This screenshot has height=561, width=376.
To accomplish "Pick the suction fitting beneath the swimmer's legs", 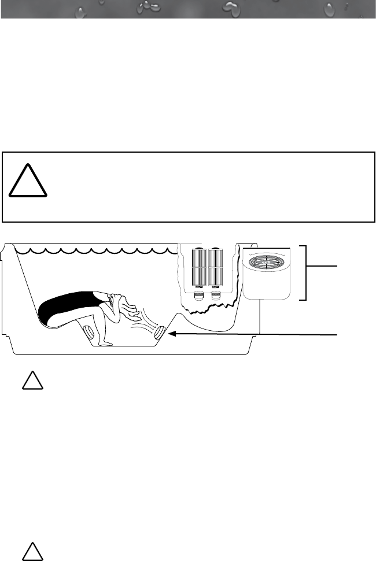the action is (89, 334).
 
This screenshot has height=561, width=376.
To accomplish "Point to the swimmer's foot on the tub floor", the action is (105, 344).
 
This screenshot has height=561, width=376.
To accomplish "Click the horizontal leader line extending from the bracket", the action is (321, 266).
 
